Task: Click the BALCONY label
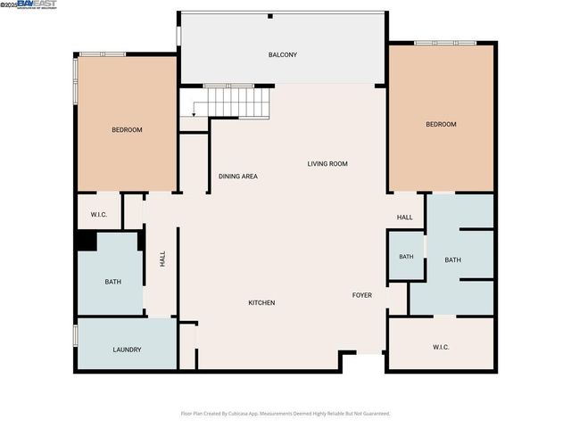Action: [283, 55]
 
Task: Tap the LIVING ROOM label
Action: [327, 164]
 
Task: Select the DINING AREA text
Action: [238, 177]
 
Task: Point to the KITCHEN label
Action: [261, 303]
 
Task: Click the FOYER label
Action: [361, 295]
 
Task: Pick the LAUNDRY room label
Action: [127, 350]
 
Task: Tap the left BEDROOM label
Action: [127, 130]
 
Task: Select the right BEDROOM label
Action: [441, 125]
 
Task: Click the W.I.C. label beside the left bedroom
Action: [99, 215]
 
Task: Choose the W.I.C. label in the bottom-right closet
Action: [441, 347]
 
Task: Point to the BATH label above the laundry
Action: [113, 283]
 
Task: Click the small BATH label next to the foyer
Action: [406, 257]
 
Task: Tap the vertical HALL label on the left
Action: [162, 259]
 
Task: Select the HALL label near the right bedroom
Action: [405, 218]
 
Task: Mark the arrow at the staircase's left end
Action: [194, 111]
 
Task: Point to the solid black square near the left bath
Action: [87, 241]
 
